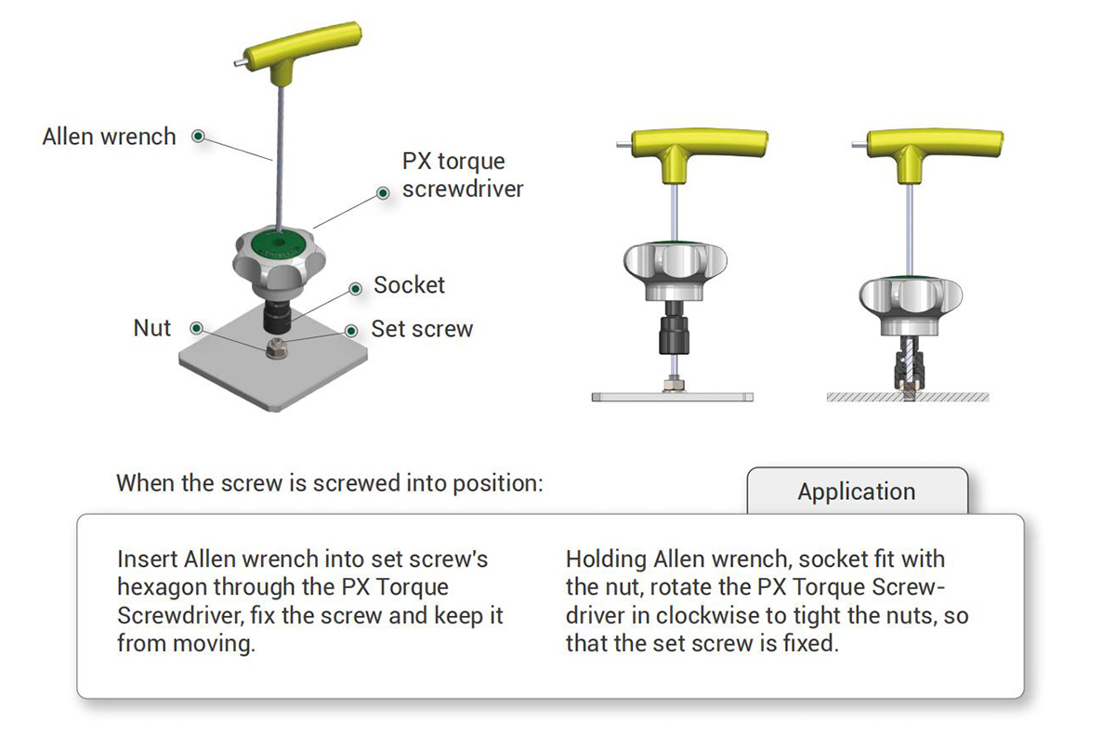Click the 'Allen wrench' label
pyautogui.click(x=109, y=137)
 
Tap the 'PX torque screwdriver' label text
pyautogui.click(x=463, y=176)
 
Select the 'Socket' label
pyautogui.click(x=409, y=285)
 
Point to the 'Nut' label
pyautogui.click(x=151, y=328)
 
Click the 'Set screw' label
pyautogui.click(x=422, y=329)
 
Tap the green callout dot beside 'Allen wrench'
pyautogui.click(x=198, y=136)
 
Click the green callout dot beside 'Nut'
pyautogui.click(x=197, y=328)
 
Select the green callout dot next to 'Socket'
pyautogui.click(x=355, y=289)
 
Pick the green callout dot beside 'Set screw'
pyautogui.click(x=351, y=331)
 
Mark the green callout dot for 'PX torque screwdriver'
pyautogui.click(x=383, y=193)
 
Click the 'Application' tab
pyautogui.click(x=857, y=492)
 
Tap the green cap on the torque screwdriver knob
pyautogui.click(x=279, y=243)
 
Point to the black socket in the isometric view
pyautogui.click(x=277, y=317)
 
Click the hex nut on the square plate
pyautogui.click(x=276, y=348)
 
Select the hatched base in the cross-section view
pyautogui.click(x=908, y=397)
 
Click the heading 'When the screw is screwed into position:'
pyautogui.click(x=330, y=483)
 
